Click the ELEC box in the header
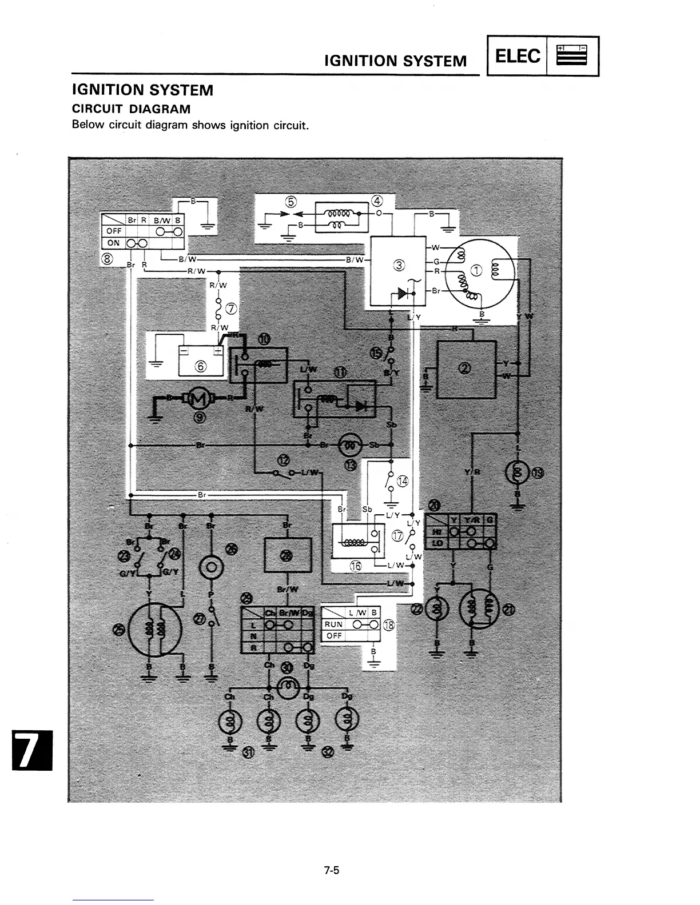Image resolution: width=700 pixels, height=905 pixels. point(517,56)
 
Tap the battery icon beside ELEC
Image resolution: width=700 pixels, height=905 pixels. point(572,56)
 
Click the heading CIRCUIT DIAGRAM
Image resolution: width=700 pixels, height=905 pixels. point(131,109)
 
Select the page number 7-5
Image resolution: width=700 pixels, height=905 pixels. point(331,871)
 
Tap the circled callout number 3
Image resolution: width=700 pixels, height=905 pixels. point(399,265)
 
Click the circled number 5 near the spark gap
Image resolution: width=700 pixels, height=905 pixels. point(292,202)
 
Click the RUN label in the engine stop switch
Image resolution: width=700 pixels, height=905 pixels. point(333,624)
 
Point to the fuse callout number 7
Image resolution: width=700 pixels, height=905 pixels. point(232,309)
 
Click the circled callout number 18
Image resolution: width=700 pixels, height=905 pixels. point(389,625)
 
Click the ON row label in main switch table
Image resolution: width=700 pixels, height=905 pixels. point(113,243)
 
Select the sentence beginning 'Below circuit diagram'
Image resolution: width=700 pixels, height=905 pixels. point(190,125)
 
